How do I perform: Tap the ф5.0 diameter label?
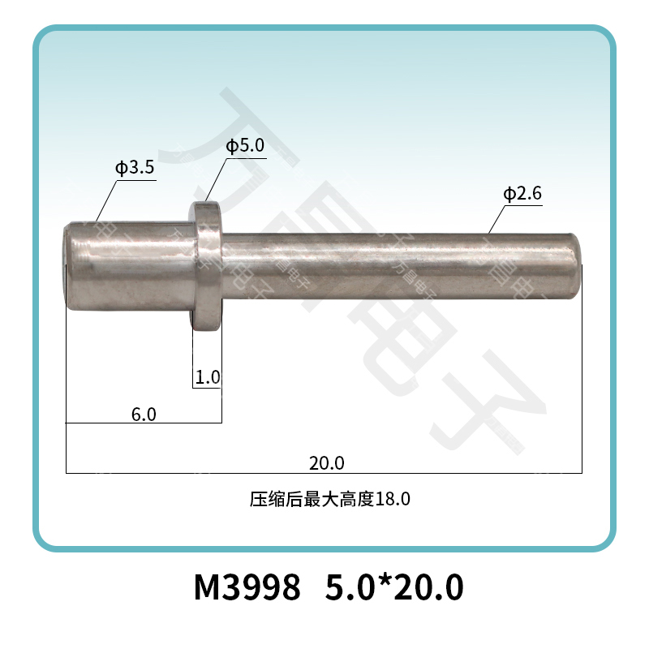pos(245,146)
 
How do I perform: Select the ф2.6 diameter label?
pos(522,195)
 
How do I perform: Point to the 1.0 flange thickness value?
pos(208,377)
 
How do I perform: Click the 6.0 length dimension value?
pos(144,415)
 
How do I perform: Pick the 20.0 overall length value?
pos(327,463)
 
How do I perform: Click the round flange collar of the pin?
pos(208,266)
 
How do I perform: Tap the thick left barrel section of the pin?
pos(130,267)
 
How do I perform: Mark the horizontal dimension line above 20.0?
pos(324,472)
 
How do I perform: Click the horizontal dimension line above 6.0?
pos(144,423)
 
